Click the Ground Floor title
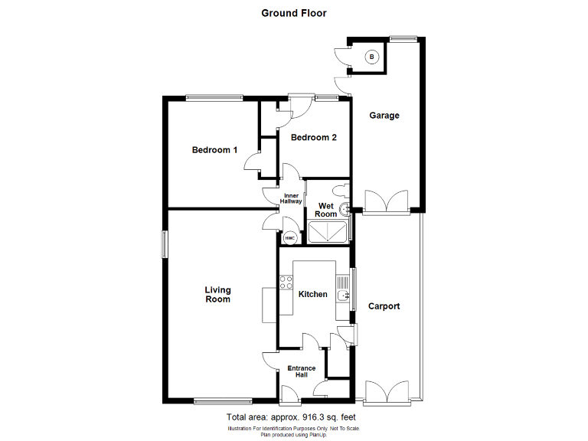(x=294, y=13)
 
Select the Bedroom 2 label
(x=314, y=138)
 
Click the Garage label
(x=384, y=116)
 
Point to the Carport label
(x=384, y=306)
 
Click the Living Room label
(x=217, y=295)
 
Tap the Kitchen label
(x=313, y=294)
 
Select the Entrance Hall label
(x=302, y=372)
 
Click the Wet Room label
(x=326, y=210)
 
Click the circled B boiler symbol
(x=372, y=57)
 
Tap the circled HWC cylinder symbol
(x=290, y=238)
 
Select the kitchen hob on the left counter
(x=286, y=282)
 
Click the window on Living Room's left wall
(x=163, y=245)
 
